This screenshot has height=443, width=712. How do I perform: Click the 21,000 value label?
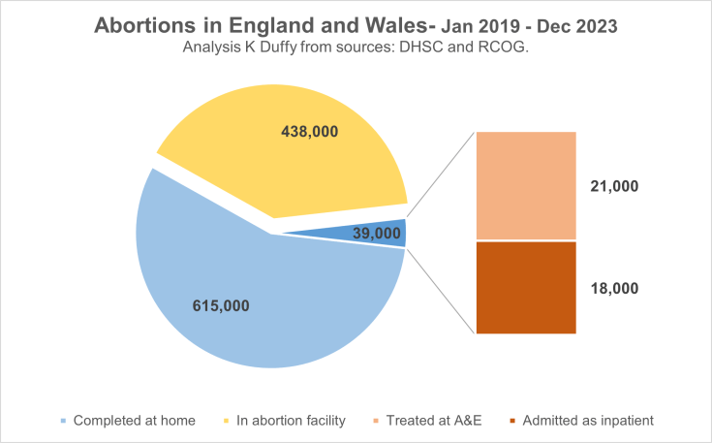tap(614, 186)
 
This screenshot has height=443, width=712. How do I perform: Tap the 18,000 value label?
tap(614, 288)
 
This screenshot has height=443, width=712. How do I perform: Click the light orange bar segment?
tap(525, 185)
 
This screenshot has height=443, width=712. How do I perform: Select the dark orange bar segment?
tap(525, 287)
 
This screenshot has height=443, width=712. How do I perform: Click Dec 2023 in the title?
tap(575, 27)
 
